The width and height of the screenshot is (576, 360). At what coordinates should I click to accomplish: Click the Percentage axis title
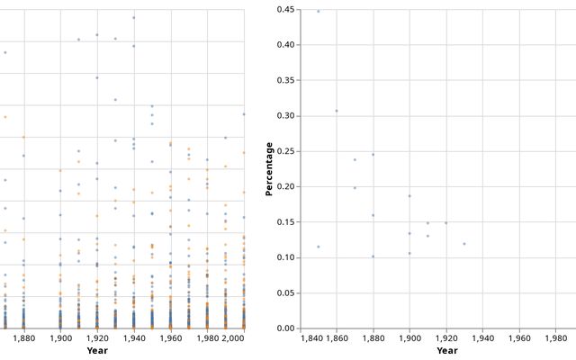tap(269, 168)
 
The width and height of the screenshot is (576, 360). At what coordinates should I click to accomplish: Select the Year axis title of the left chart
tap(97, 351)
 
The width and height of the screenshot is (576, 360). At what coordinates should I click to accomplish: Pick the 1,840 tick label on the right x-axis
tap(312, 339)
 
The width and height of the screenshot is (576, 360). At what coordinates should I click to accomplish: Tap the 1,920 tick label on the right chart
tap(446, 339)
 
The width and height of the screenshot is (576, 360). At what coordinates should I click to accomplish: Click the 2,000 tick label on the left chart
tap(233, 339)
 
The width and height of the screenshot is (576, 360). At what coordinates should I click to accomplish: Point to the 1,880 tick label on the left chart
tap(24, 339)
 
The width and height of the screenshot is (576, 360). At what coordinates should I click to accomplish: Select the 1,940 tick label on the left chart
tap(134, 339)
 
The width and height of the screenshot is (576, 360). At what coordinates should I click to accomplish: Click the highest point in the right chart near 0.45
tap(319, 12)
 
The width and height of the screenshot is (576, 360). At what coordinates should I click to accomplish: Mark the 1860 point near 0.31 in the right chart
tap(337, 111)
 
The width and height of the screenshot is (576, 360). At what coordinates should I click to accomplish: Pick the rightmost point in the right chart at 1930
tap(464, 244)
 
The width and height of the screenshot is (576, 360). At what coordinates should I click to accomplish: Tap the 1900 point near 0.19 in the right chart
tap(409, 196)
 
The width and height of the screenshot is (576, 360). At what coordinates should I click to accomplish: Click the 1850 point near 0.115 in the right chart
tap(319, 247)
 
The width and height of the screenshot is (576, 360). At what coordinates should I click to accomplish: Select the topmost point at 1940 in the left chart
tap(134, 17)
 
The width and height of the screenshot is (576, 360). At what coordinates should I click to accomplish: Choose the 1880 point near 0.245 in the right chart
tap(373, 155)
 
